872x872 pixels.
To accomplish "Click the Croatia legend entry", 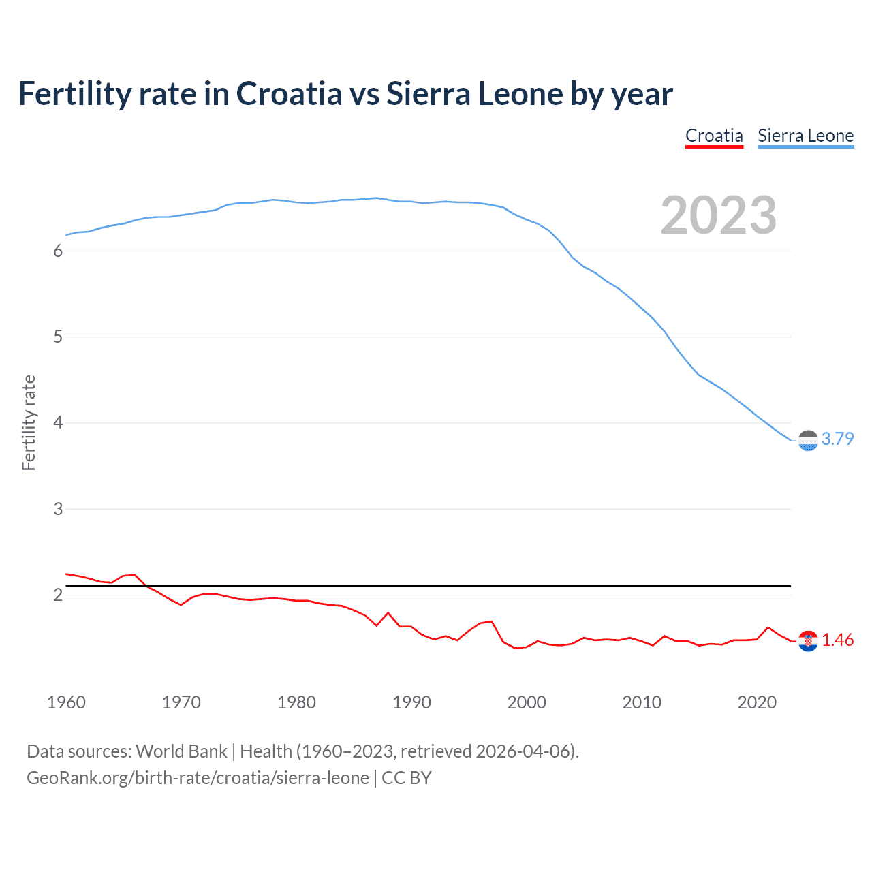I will pos(714,136).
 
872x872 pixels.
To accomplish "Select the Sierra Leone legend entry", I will pos(805,136).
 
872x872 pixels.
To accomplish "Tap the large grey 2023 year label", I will pos(718,215).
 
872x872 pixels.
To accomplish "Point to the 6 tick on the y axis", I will pos(58,251).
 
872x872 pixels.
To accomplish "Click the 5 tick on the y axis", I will pos(58,337).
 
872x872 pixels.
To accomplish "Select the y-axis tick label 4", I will pos(58,423).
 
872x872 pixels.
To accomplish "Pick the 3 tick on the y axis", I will pos(58,509).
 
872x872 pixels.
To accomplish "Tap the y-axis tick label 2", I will pos(58,595).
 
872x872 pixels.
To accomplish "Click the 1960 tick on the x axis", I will pos(66,702).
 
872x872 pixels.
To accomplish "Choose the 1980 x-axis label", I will pos(296,702).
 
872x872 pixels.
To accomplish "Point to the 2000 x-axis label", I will pos(527,702).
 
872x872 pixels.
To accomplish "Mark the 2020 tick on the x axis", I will pos(757,702).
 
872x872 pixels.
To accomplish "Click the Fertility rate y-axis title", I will pos(29,422).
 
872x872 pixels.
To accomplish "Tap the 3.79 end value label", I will pos(837,439).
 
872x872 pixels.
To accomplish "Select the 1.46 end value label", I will pos(837,640).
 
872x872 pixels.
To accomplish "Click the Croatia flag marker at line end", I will pos(808,641).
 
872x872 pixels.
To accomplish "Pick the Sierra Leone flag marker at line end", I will pos(808,441).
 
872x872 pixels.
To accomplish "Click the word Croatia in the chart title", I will pos(289,93).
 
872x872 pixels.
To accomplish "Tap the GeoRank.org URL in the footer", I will pos(198,778).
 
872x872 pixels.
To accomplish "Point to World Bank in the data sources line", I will pos(181,751).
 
